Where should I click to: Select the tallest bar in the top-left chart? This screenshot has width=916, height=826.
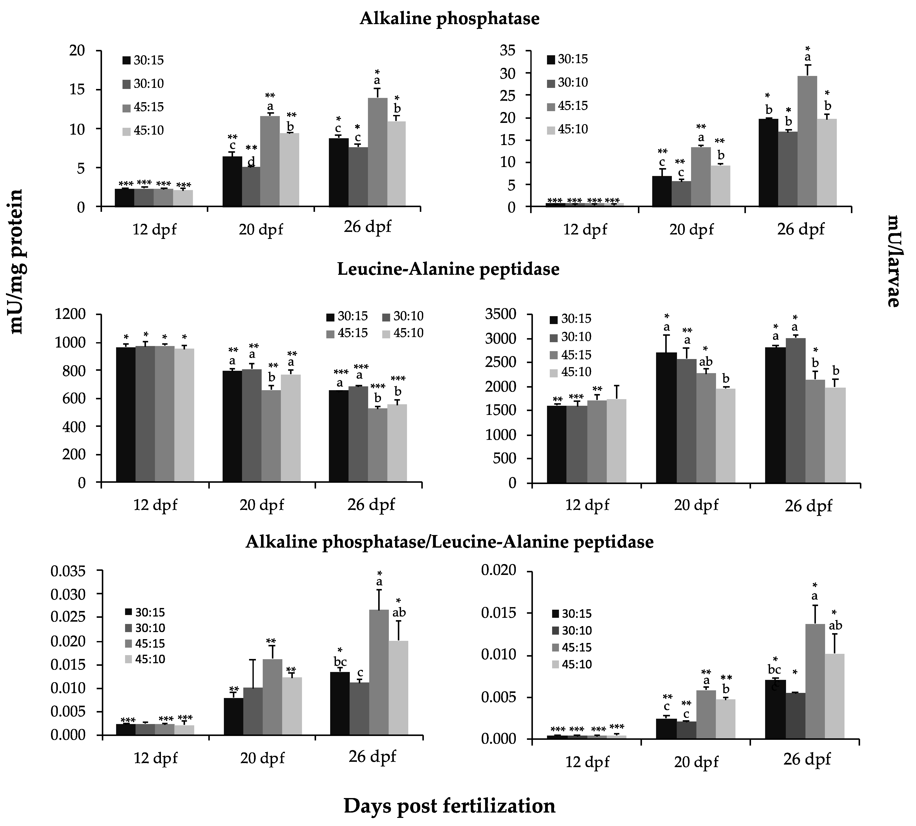pos(377,152)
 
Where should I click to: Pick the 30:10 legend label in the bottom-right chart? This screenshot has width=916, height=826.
pos(577,630)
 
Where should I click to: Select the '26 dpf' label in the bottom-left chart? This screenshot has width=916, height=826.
pos(372,756)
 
